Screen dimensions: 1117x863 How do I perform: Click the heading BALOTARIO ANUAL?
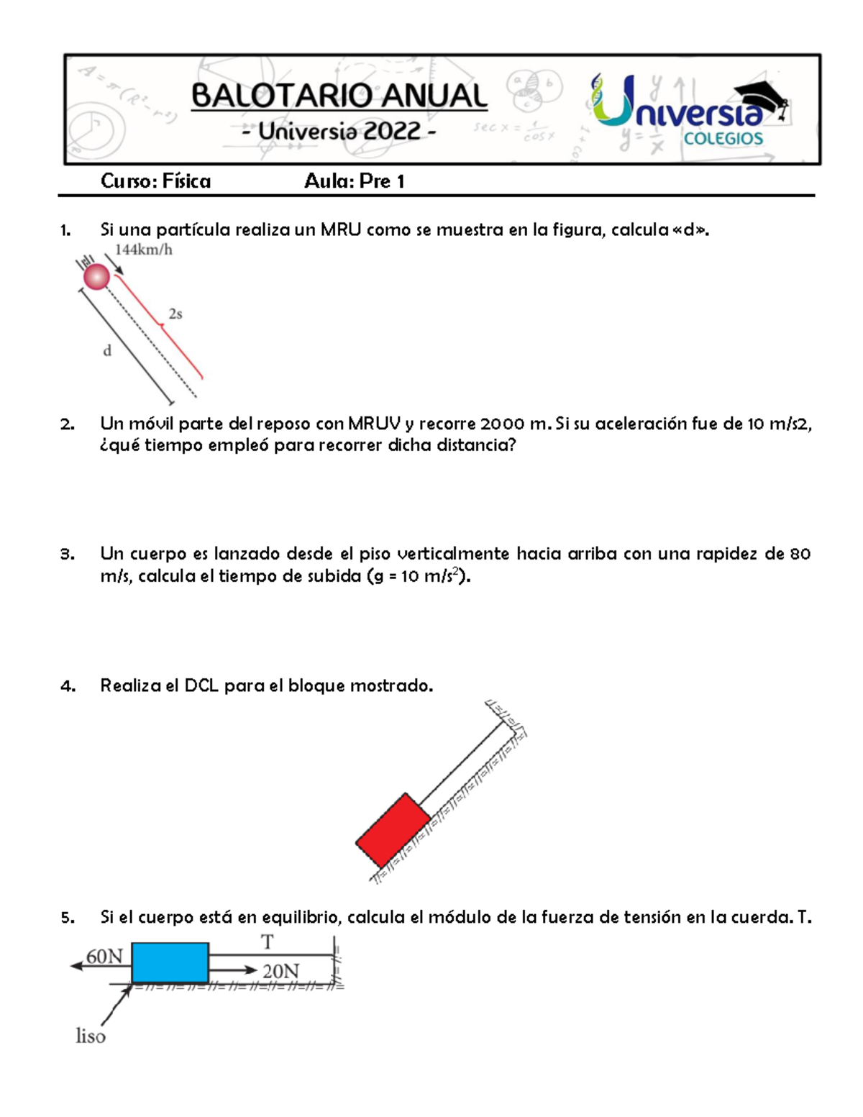pyautogui.click(x=339, y=96)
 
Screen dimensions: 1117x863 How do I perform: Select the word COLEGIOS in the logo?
pyautogui.click(x=723, y=139)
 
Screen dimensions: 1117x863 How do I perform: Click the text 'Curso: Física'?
pyautogui.click(x=155, y=181)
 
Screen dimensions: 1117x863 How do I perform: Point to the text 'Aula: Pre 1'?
pyautogui.click(x=354, y=181)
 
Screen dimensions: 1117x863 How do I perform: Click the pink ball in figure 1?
pyautogui.click(x=96, y=276)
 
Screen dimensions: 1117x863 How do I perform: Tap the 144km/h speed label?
pyautogui.click(x=144, y=250)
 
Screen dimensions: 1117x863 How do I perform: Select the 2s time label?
pyautogui.click(x=175, y=314)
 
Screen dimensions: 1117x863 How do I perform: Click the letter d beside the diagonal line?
pyautogui.click(x=107, y=351)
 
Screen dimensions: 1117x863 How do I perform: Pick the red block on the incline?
pyautogui.click(x=393, y=831)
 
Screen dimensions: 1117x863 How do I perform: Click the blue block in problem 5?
pyautogui.click(x=170, y=963)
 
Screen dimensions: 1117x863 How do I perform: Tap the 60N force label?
pyautogui.click(x=105, y=957)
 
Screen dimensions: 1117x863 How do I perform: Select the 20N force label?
pyautogui.click(x=280, y=972)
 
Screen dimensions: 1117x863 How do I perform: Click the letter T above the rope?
pyautogui.click(x=267, y=942)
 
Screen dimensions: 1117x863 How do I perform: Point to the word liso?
pyautogui.click(x=91, y=1036)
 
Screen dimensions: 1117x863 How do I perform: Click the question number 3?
pyautogui.click(x=67, y=555)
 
